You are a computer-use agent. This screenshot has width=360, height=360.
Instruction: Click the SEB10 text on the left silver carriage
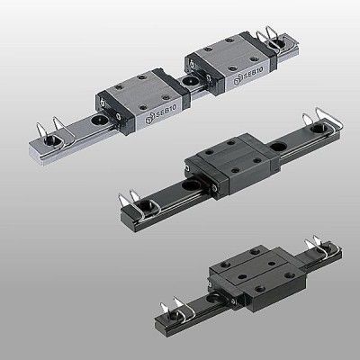pyautogui.click(x=166, y=111)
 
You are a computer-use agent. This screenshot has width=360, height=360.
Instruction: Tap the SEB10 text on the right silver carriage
pyautogui.click(x=253, y=73)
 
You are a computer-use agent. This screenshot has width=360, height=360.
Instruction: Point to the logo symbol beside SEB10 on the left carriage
pyautogui.click(x=149, y=120)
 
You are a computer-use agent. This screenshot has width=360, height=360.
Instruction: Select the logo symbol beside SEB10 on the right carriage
pyautogui.click(x=237, y=81)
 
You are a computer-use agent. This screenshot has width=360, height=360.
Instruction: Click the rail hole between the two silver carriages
pyautogui.click(x=189, y=80)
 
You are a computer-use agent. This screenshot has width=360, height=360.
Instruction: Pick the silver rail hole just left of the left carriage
pyautogui.click(x=98, y=120)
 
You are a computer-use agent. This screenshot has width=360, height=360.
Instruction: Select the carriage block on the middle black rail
pyautogui.click(x=232, y=165)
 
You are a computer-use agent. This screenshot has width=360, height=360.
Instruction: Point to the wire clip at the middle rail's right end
pyautogui.click(x=323, y=122)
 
